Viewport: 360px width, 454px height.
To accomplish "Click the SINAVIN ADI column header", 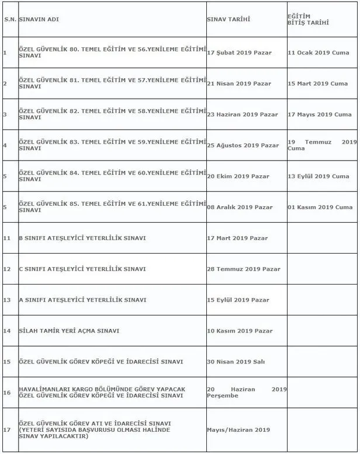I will point(39,19).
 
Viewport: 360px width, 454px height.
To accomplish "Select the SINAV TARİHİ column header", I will point(229,19).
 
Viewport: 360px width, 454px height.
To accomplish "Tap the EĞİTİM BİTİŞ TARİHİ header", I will point(308,19).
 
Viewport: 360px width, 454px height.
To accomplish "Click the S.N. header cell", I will point(9,19).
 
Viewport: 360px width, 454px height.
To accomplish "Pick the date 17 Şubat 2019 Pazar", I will point(239,53).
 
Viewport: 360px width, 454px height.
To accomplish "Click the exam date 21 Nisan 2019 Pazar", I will point(239,84).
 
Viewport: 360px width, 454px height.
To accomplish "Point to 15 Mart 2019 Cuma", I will point(318,84).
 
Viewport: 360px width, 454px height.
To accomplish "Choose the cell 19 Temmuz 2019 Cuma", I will point(321,145).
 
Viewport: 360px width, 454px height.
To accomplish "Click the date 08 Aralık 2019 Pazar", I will point(240,207).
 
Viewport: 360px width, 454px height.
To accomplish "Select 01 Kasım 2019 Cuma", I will point(320,207).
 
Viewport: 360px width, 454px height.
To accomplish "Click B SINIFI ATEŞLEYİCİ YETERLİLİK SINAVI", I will point(82,238).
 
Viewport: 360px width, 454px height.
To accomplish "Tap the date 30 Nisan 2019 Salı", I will point(236,362).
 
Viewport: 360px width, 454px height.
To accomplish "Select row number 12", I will point(6,269).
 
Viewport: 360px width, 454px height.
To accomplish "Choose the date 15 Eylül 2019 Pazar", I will point(238,300).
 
